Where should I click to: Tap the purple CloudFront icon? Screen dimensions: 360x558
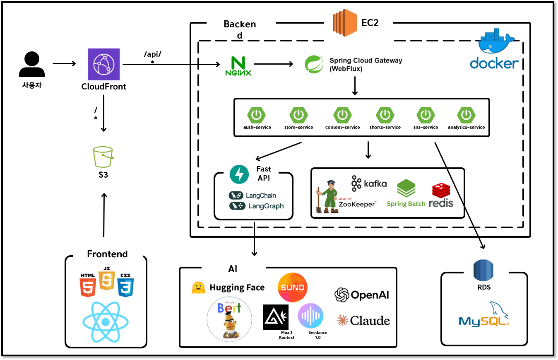click(x=104, y=64)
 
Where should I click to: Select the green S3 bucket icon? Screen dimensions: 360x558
click(x=103, y=157)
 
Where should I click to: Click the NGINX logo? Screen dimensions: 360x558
click(x=238, y=67)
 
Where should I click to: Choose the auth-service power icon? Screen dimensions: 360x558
click(x=257, y=115)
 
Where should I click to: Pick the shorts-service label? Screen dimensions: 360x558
click(x=385, y=127)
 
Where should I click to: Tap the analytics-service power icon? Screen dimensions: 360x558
click(x=466, y=115)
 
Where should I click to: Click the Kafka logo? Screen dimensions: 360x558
click(x=369, y=183)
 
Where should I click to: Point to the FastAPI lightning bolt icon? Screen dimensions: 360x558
click(x=239, y=174)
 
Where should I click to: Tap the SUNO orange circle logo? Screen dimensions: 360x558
click(x=293, y=288)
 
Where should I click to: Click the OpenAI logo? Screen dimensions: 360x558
click(x=361, y=295)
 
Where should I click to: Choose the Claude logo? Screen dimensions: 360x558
click(x=363, y=320)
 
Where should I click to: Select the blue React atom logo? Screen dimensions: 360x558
click(x=106, y=322)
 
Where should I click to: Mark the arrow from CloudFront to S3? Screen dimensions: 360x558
click(x=103, y=114)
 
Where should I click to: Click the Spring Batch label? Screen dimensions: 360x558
click(x=406, y=204)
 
